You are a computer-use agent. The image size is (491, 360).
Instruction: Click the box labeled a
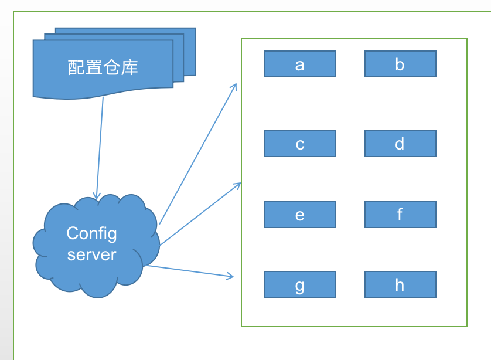pyautogui.click(x=300, y=64)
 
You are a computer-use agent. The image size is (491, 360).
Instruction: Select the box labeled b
pyautogui.click(x=400, y=64)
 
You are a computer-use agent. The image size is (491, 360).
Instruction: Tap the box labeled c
pyautogui.click(x=300, y=144)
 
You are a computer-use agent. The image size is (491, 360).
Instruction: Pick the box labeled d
pyautogui.click(x=400, y=144)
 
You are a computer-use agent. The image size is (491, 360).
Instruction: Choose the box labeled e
pyautogui.click(x=300, y=215)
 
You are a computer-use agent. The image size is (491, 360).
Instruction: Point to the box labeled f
pyautogui.click(x=400, y=215)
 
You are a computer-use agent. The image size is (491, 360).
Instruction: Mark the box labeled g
pyautogui.click(x=300, y=285)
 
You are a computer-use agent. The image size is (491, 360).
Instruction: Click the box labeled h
pyautogui.click(x=400, y=285)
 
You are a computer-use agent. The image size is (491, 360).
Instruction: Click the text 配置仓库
pyautogui.click(x=103, y=67)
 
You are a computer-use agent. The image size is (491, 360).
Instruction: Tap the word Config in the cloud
pyautogui.click(x=91, y=233)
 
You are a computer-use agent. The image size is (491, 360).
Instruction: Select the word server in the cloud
pyautogui.click(x=91, y=254)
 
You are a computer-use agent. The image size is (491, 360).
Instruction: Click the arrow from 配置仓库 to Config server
pyautogui.click(x=100, y=147)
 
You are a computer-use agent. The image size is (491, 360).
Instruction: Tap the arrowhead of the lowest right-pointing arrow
pyautogui.click(x=231, y=276)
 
